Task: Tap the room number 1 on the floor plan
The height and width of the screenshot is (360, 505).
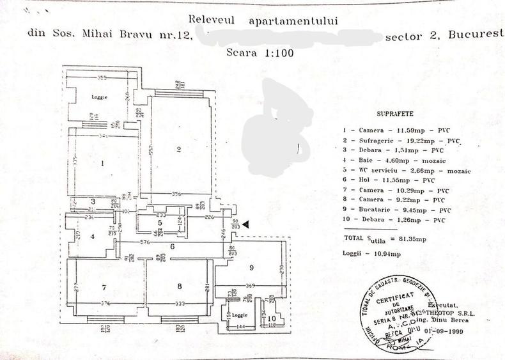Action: tap(102, 162)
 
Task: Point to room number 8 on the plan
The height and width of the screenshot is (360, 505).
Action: tap(180, 286)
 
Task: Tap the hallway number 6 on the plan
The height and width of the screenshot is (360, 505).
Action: tap(173, 246)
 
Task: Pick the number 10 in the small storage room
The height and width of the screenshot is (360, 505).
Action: tap(272, 317)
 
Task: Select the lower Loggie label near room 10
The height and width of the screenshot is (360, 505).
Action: tap(239, 315)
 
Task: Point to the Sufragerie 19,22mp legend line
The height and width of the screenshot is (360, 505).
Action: tap(401, 140)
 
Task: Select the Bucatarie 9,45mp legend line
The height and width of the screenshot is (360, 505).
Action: tap(401, 209)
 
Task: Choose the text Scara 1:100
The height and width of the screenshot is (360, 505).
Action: tap(260, 53)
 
